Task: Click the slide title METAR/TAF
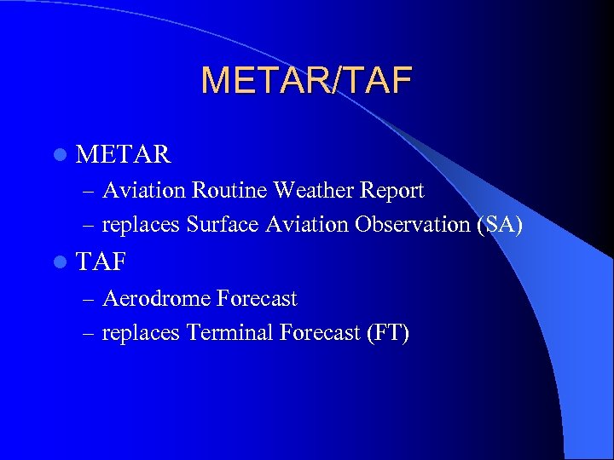[306, 81]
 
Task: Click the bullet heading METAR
[124, 154]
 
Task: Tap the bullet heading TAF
[101, 262]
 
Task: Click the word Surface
[217, 225]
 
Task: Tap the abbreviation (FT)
[387, 333]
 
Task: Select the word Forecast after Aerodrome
[257, 299]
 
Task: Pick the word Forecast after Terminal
[320, 333]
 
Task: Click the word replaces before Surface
[141, 225]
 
